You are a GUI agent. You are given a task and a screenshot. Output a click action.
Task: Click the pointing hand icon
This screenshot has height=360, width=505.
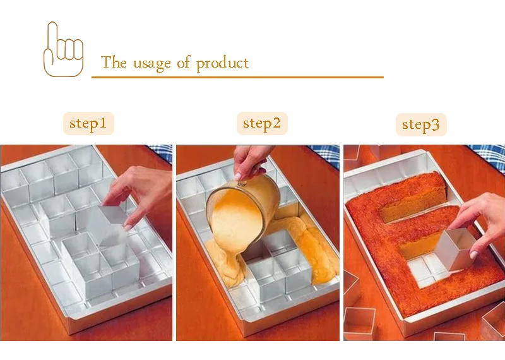click(x=64, y=49)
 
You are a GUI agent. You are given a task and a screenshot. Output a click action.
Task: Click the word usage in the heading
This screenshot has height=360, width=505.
click(x=152, y=63)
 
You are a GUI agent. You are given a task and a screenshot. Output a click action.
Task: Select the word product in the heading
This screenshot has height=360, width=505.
click(x=222, y=63)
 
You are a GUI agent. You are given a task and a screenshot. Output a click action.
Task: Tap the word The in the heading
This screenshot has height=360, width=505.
click(x=114, y=61)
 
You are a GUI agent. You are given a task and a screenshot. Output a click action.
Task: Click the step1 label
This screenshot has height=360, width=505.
click(x=88, y=123)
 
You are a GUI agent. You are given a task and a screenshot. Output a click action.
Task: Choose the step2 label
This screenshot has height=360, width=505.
click(x=262, y=123)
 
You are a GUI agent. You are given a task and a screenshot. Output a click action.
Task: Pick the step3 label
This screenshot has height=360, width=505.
click(x=421, y=124)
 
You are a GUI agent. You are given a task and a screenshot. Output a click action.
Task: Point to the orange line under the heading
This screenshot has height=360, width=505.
click(x=237, y=77)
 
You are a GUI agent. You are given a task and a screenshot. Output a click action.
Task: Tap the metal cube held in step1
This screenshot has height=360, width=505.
click(x=109, y=225)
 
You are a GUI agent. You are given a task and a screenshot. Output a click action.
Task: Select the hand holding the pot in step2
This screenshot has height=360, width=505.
click(x=251, y=161)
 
